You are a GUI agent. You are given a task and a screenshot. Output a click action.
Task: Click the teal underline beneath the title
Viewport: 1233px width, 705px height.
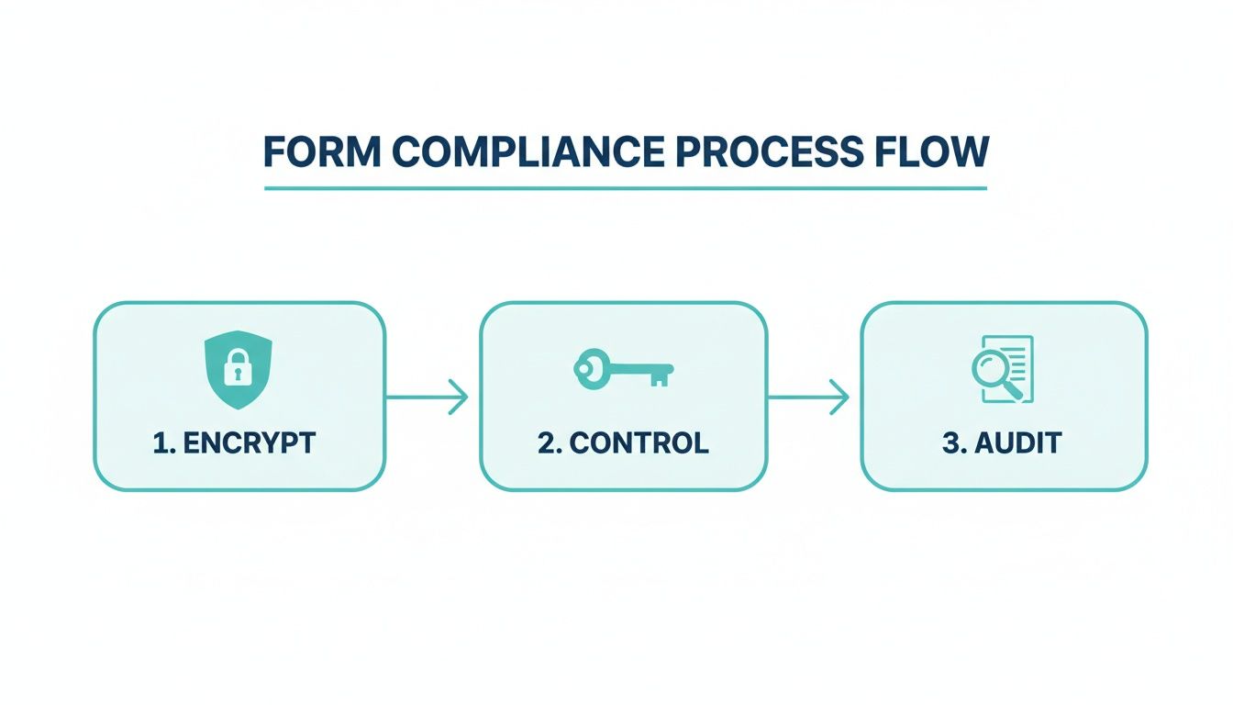(625, 188)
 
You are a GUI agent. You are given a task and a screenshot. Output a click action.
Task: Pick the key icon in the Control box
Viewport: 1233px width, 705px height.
(623, 370)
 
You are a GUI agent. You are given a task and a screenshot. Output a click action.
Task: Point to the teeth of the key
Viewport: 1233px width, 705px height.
(658, 378)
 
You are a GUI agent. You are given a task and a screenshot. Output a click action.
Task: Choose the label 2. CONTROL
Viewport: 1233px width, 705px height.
(623, 442)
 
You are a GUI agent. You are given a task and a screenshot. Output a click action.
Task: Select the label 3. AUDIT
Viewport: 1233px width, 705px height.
(1002, 442)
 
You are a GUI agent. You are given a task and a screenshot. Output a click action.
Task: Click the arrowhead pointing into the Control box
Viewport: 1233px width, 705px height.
(461, 397)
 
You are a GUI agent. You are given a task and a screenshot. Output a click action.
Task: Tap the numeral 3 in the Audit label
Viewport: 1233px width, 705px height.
(950, 442)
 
